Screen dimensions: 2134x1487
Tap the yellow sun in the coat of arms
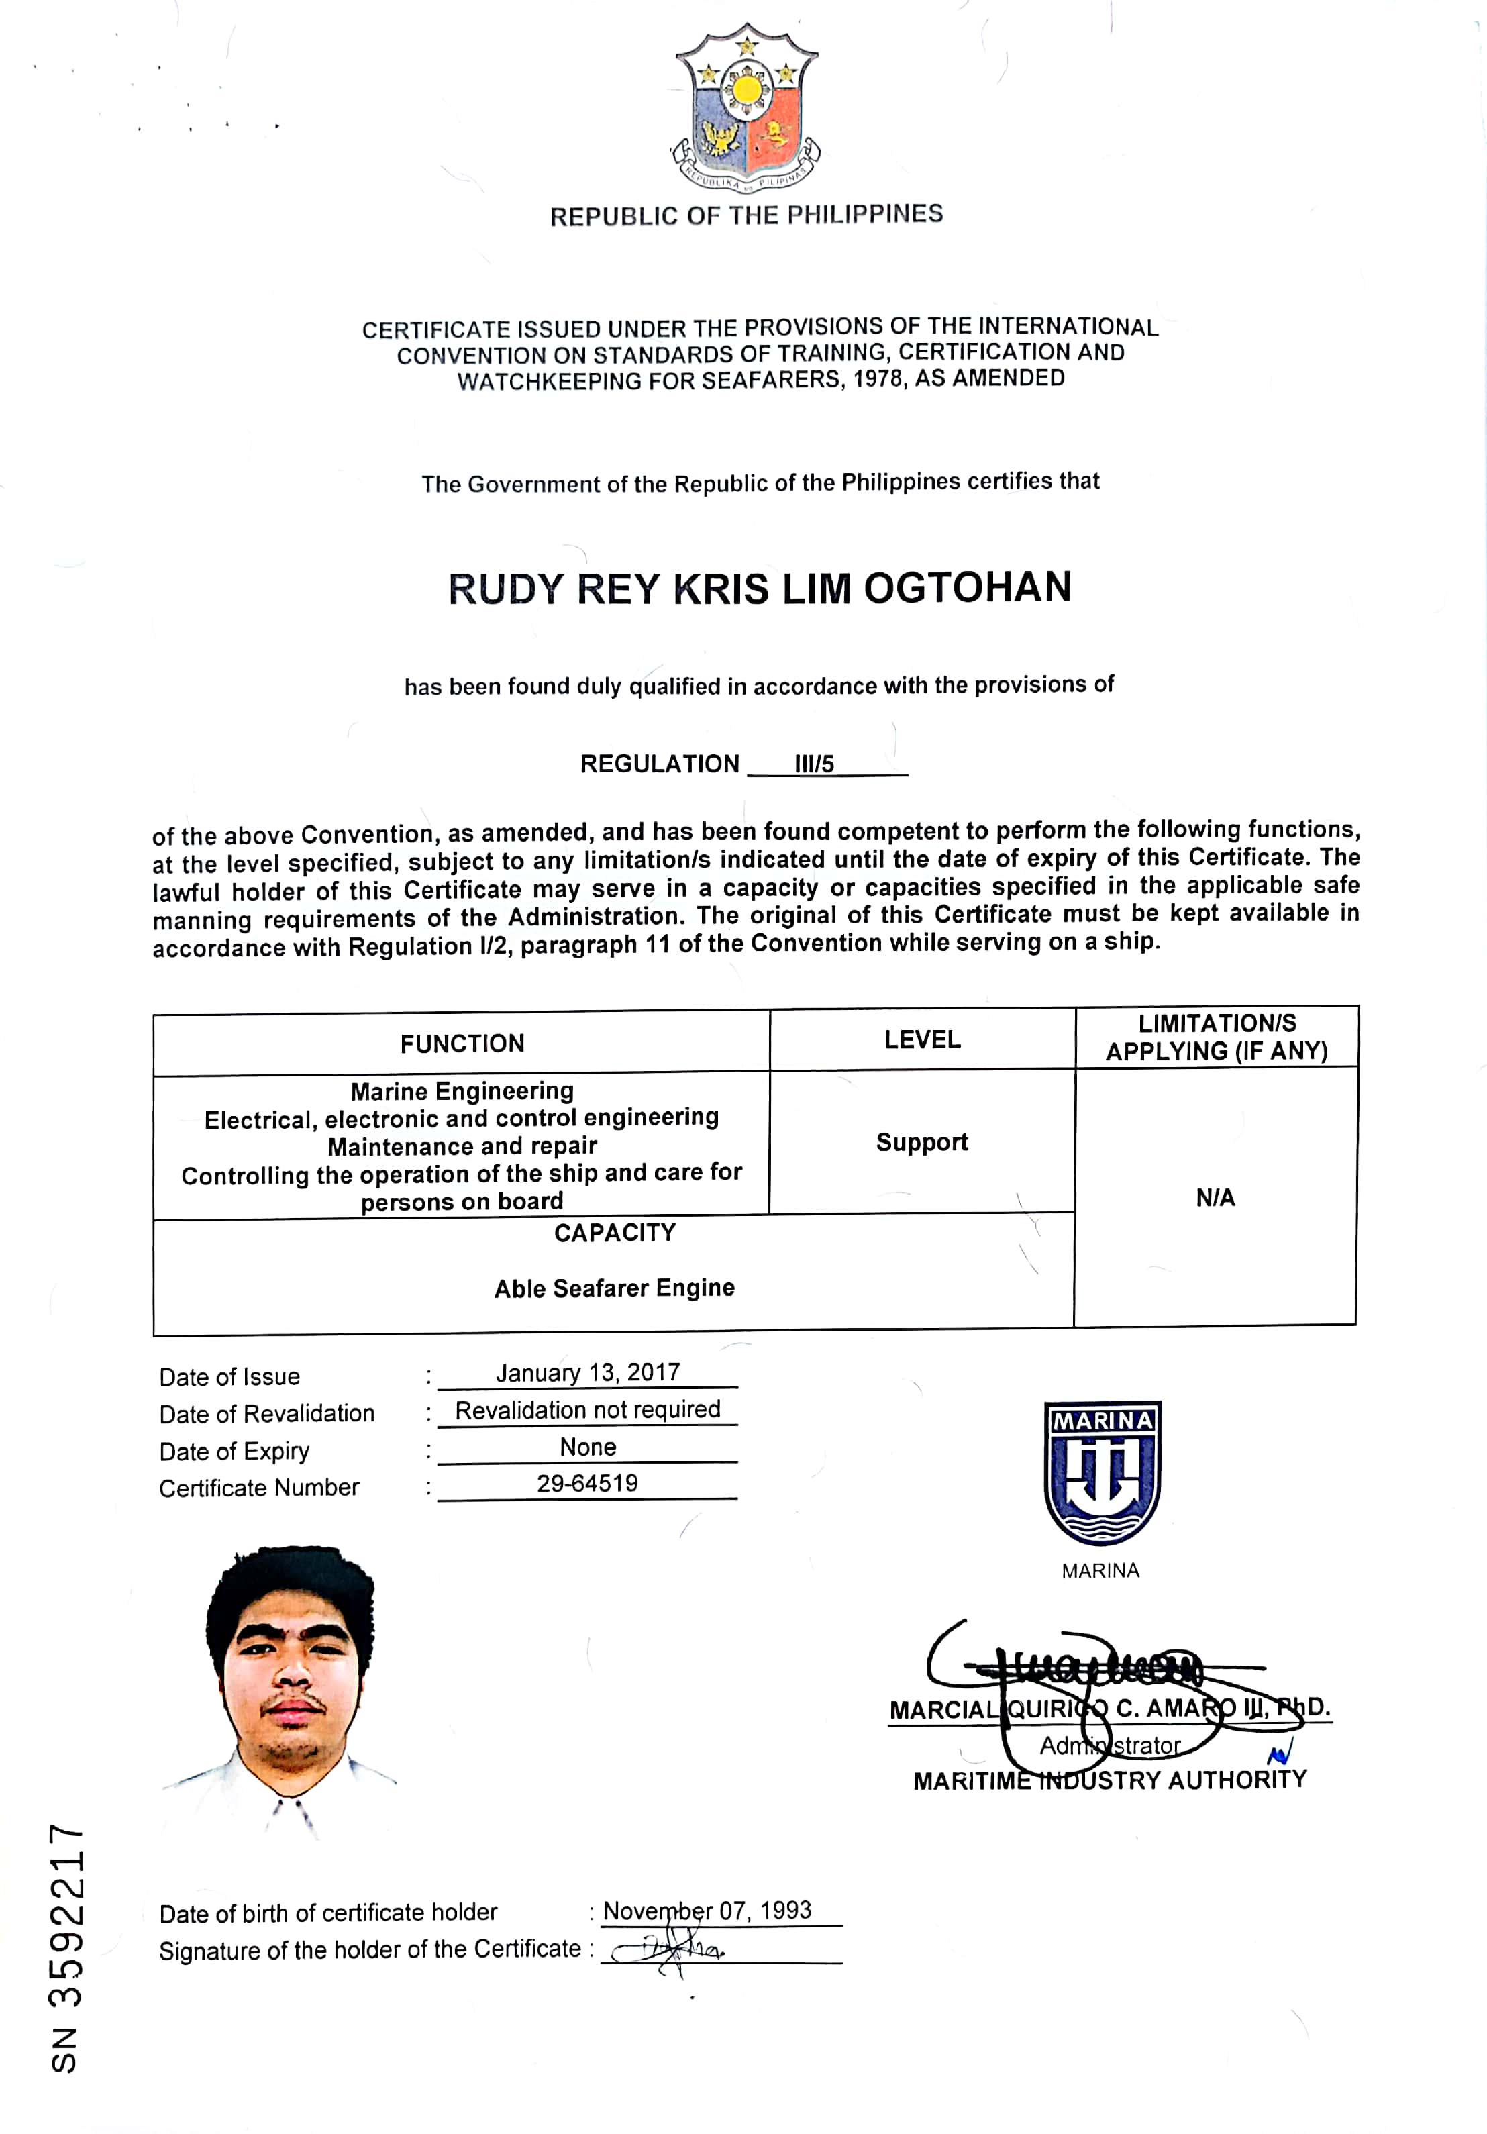coord(748,90)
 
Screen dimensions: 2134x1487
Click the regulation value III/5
coord(814,764)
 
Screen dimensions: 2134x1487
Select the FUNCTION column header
coord(462,1044)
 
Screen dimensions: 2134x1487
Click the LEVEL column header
coord(922,1040)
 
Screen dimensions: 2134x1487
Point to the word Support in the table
coord(922,1142)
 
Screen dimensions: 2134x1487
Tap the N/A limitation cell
coord(1215,1198)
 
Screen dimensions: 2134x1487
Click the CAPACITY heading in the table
coord(614,1233)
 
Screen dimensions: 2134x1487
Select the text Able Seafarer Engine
coord(614,1288)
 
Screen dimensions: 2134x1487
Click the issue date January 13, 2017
coord(587,1373)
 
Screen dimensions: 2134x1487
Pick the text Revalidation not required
coord(587,1410)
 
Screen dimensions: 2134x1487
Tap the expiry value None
coord(587,1447)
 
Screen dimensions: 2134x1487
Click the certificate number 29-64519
coord(587,1483)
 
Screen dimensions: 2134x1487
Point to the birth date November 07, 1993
coord(707,1911)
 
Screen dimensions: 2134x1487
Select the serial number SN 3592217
coord(67,1948)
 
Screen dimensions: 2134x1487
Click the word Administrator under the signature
coord(1110,1745)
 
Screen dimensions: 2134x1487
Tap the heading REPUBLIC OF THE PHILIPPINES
coord(746,215)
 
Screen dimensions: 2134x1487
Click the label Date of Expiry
coord(234,1452)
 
